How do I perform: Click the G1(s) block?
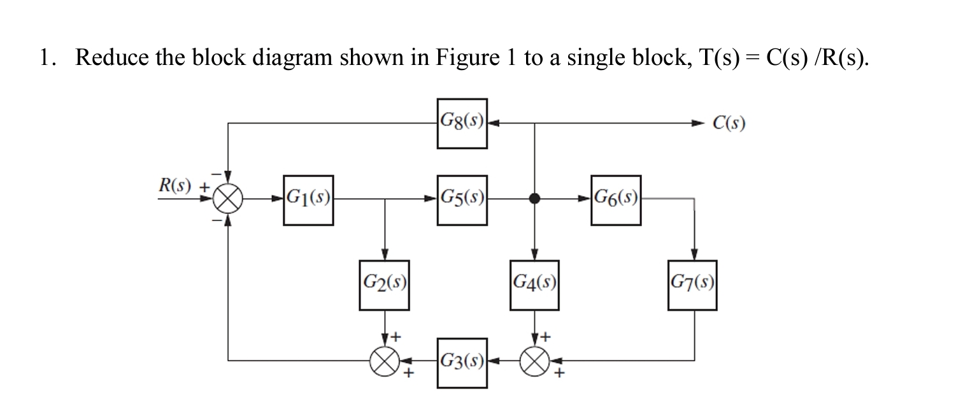pyautogui.click(x=308, y=200)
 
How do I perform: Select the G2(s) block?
pyautogui.click(x=384, y=285)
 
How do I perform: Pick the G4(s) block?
pyautogui.click(x=535, y=285)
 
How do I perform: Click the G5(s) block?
pyautogui.click(x=462, y=200)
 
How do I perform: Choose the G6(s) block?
pyautogui.click(x=615, y=200)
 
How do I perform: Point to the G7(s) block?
pyautogui.click(x=693, y=285)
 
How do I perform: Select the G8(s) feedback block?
pyautogui.click(x=462, y=123)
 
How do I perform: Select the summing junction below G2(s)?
pyautogui.click(x=385, y=362)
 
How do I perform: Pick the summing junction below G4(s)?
pyautogui.click(x=535, y=362)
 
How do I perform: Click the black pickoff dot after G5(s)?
pyautogui.click(x=535, y=199)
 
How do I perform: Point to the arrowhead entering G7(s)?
pyautogui.click(x=693, y=254)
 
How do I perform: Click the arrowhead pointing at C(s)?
pyautogui.click(x=701, y=123)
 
